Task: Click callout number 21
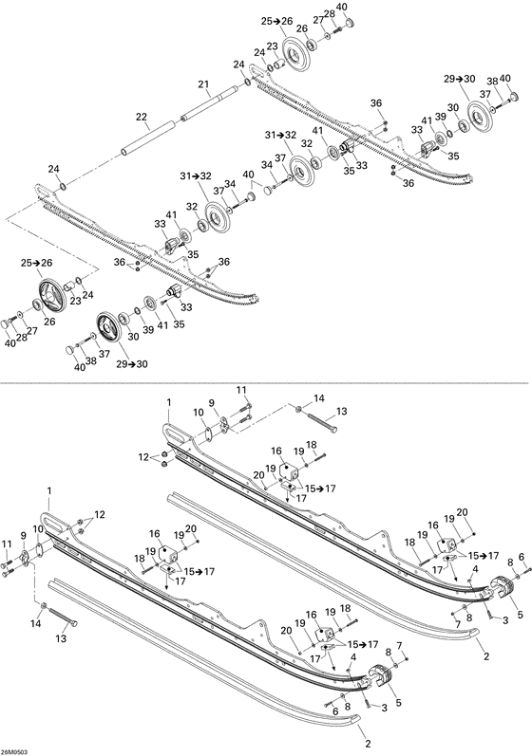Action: coord(202,85)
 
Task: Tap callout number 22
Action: coord(142,118)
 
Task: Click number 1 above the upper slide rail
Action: coord(168,403)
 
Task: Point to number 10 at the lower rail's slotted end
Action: coord(37,528)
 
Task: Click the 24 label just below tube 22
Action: coord(54,169)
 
